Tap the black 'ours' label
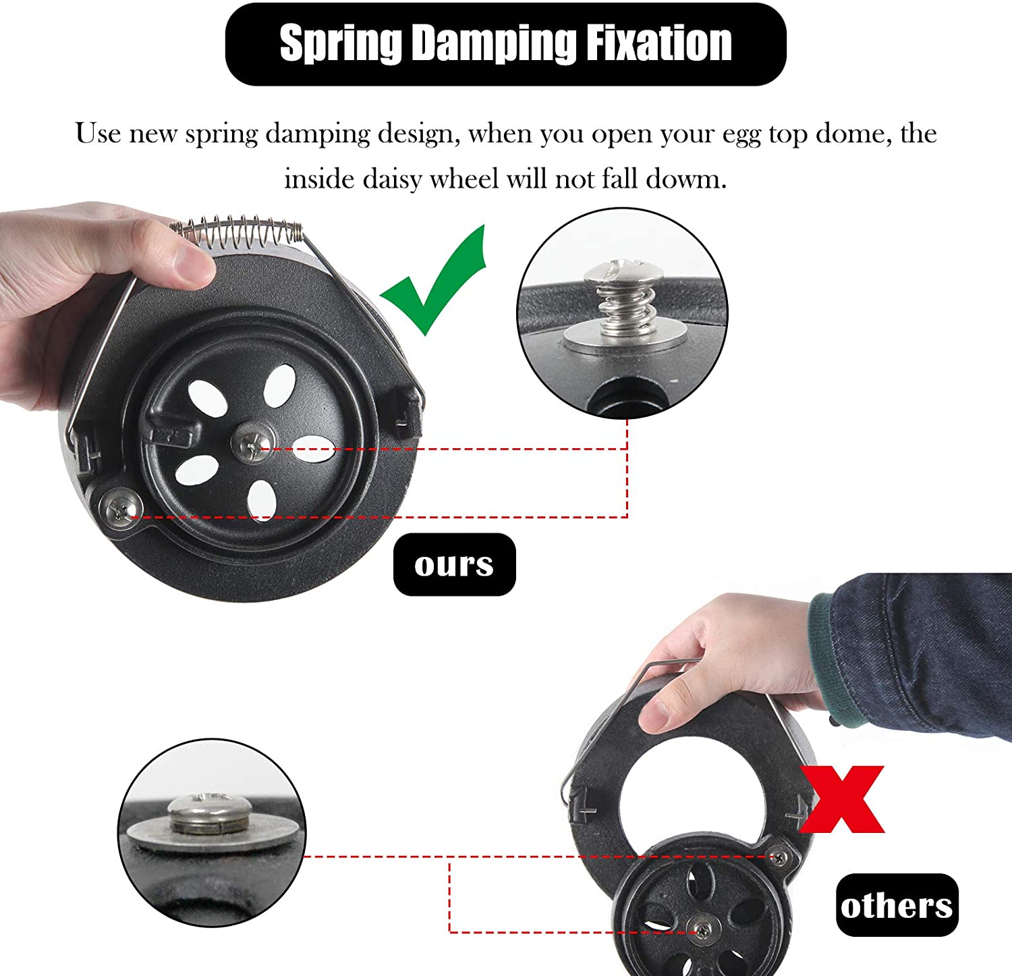click(x=454, y=564)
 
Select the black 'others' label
click(x=897, y=905)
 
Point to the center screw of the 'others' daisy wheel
click(x=702, y=931)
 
